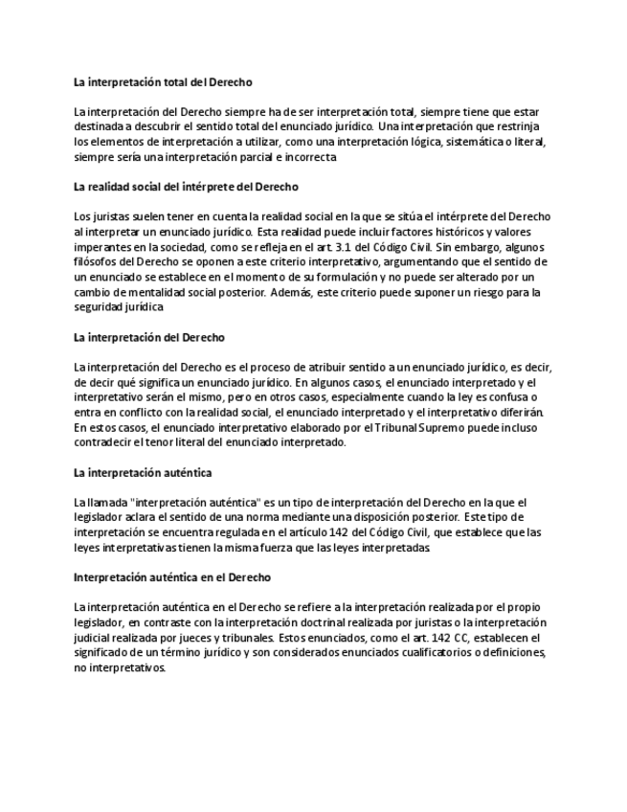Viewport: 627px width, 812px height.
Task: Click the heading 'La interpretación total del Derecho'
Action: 163,82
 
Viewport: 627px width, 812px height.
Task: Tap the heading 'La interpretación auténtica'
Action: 143,472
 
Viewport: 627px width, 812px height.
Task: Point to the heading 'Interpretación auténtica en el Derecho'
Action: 172,577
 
